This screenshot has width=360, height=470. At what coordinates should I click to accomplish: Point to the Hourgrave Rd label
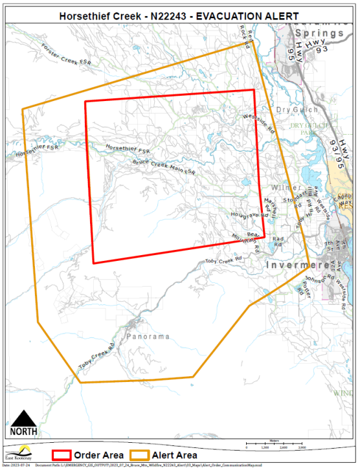[x=247, y=215]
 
